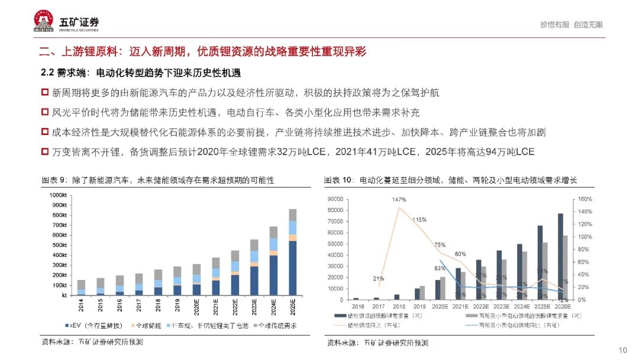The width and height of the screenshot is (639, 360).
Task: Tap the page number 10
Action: pyautogui.click(x=622, y=349)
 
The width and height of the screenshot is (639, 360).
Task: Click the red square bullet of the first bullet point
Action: pyautogui.click(x=44, y=93)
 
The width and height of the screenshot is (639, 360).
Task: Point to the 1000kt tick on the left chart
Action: pyautogui.click(x=57, y=195)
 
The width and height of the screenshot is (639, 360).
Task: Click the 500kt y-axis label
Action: pyautogui.click(x=59, y=245)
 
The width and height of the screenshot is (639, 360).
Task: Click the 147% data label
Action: pyautogui.click(x=398, y=200)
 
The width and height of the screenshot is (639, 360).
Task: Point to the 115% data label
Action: pyautogui.click(x=419, y=220)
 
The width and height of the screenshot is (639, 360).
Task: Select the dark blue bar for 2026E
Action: pyautogui.click(x=560, y=256)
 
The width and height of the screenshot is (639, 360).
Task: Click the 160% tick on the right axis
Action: pyautogui.click(x=584, y=199)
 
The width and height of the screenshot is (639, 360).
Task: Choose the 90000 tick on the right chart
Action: pyautogui.click(x=336, y=199)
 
